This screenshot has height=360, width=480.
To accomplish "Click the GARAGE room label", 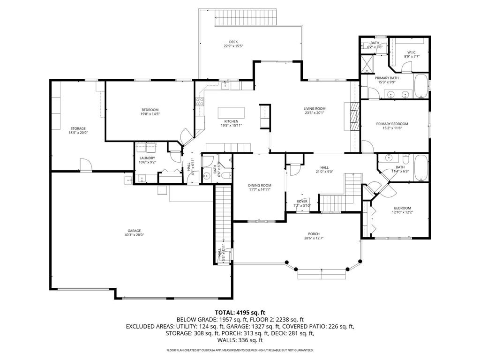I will pos(135,231).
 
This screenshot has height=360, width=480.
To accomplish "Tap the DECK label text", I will pos(233,42).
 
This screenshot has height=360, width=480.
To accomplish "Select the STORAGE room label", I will pos(78,128).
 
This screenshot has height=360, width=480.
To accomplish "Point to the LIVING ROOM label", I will pos(314,109).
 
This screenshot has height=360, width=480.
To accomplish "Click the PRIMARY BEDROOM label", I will pos(392,124).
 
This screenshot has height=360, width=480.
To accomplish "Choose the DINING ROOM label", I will pos(260,186).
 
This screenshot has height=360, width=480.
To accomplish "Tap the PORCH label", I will pos(314,234).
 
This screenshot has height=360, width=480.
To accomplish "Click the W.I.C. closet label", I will pos(412,52).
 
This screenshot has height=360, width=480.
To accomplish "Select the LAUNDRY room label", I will pos(147,158).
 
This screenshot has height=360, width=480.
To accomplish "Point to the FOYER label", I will pos(302,201).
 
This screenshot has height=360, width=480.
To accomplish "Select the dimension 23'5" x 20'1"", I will pos(314,113).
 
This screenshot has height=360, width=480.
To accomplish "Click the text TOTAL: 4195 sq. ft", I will pos(240,312).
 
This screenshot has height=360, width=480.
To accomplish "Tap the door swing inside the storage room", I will pos(85,165).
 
